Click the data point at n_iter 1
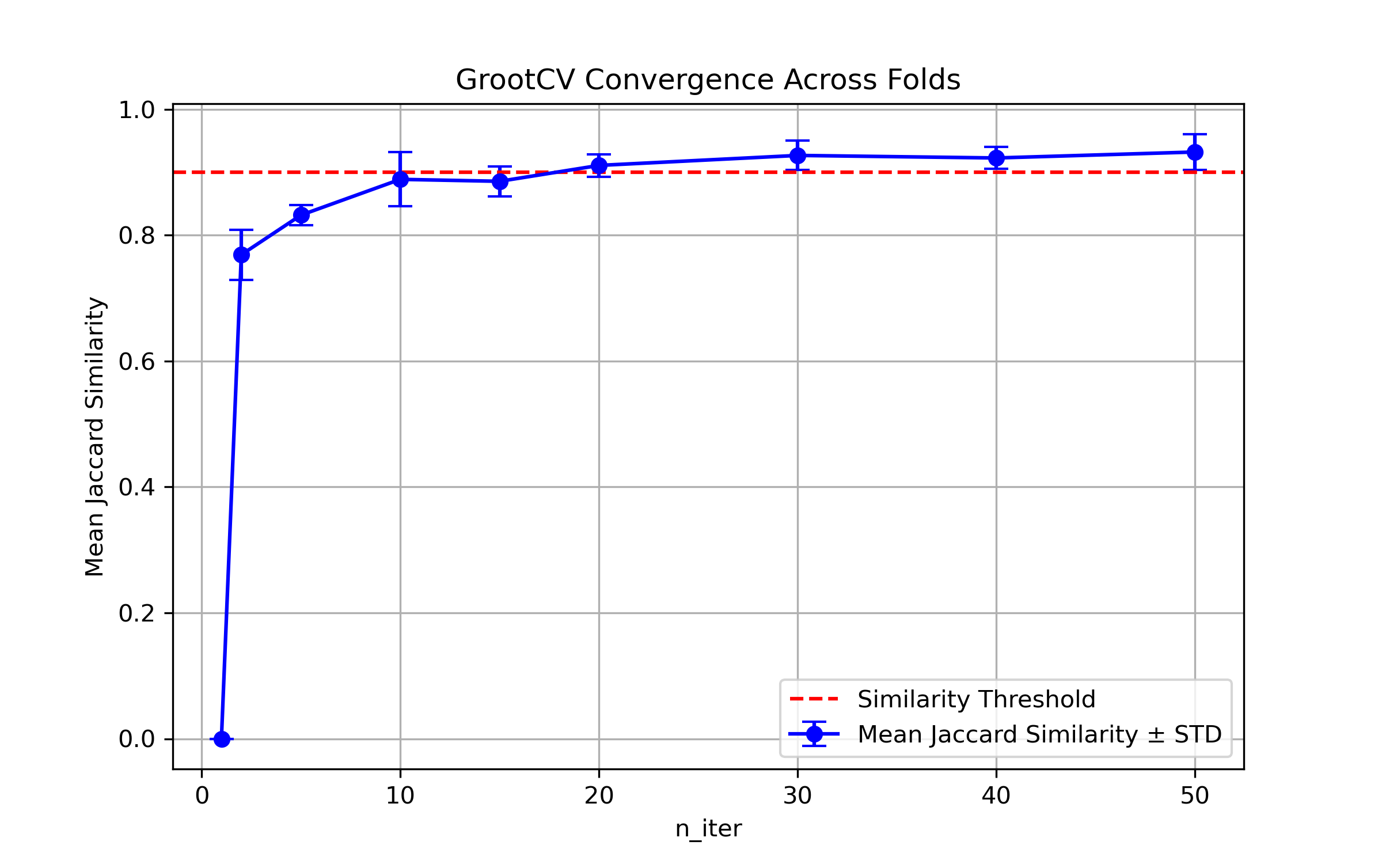click(222, 739)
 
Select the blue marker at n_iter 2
click(241, 255)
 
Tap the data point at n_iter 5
click(301, 215)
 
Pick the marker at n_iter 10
click(400, 179)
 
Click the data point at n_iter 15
click(500, 181)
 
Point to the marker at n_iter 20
click(599, 165)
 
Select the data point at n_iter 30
click(798, 155)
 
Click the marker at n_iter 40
click(996, 158)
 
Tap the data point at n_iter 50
click(1195, 152)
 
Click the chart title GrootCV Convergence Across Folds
click(708, 79)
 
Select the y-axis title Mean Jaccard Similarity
click(95, 436)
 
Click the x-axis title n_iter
click(708, 829)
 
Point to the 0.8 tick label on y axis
click(136, 236)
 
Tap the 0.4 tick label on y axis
click(136, 487)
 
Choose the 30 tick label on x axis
click(798, 796)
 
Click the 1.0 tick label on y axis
click(136, 110)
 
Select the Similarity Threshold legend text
click(976, 699)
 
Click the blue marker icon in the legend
click(814, 734)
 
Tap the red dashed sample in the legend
click(814, 699)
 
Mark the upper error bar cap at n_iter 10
click(400, 152)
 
